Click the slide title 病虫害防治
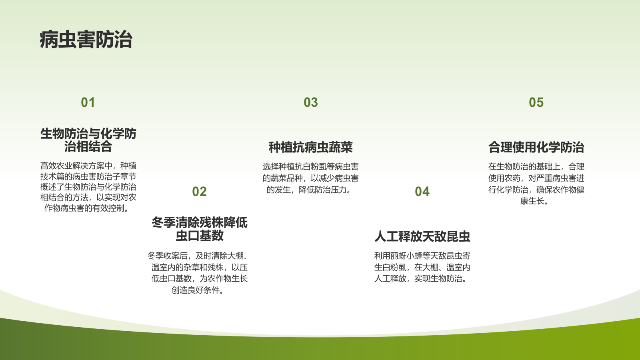tap(86, 40)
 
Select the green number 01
tap(88, 102)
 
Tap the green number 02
tap(199, 192)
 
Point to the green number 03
tap(311, 102)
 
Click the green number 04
tap(422, 192)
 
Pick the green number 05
tap(536, 102)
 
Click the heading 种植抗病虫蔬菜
tap(311, 147)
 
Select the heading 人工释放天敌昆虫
tap(422, 236)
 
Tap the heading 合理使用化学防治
tap(536, 147)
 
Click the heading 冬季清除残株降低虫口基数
tap(199, 229)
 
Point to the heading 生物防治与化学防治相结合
tap(88, 140)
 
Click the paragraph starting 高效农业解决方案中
tap(88, 187)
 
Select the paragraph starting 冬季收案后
tap(199, 273)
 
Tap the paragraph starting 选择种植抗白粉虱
tap(311, 178)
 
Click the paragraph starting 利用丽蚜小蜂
tap(422, 267)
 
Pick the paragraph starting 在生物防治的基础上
tap(536, 184)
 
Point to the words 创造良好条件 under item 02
tap(197, 290)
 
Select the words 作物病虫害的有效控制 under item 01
tap(86, 208)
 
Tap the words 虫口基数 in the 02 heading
tap(199, 236)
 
